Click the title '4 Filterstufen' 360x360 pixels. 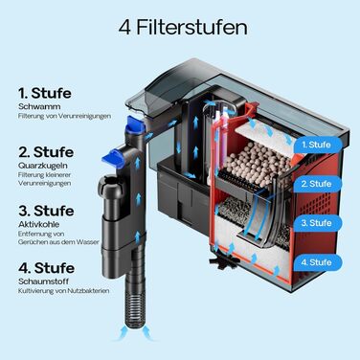[x=183, y=28]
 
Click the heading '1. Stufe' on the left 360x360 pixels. [x=45, y=93]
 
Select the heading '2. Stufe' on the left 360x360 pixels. [x=46, y=152]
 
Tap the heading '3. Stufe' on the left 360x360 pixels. [x=46, y=211]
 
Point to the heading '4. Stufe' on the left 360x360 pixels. [x=46, y=268]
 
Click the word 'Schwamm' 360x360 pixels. [x=39, y=106]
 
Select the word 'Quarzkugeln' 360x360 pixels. [x=43, y=166]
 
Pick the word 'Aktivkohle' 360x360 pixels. [x=38, y=224]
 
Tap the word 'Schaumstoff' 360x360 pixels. [x=43, y=281]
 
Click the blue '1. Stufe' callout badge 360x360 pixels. [x=317, y=145]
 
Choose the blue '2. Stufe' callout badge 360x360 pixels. [x=317, y=184]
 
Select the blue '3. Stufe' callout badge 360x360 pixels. [x=317, y=223]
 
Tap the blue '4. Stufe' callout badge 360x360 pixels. [x=317, y=262]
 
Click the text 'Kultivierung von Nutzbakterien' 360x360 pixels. [x=64, y=291]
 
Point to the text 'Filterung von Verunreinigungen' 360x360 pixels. [x=64, y=116]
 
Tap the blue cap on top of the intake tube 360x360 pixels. [x=135, y=124]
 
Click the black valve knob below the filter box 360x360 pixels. [x=223, y=260]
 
